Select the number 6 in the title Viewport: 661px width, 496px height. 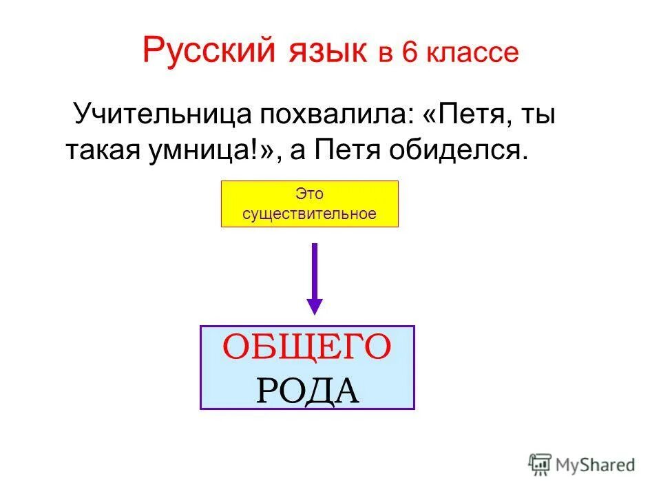410,54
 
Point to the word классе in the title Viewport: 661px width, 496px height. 472,54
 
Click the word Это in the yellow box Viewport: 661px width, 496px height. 309,194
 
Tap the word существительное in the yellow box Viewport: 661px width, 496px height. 309,214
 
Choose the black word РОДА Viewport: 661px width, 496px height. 307,390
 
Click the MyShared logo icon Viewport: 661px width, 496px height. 540,464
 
